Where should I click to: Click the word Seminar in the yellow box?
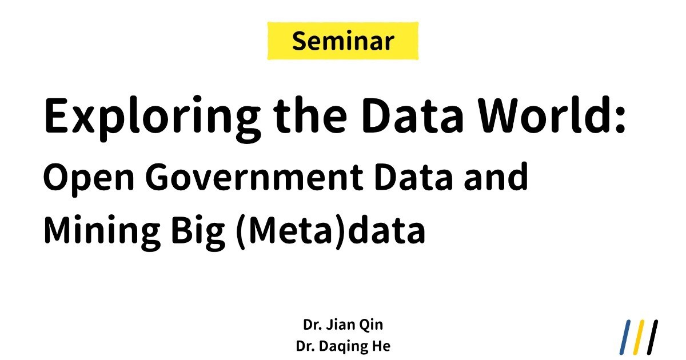343,41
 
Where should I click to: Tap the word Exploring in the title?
152,119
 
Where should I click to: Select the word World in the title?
545,115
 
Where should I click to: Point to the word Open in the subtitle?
89,179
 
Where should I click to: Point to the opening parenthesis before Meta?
241,232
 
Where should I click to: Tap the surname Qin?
371,325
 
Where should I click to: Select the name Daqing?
344,346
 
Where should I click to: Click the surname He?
381,346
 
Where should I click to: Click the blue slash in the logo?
625,337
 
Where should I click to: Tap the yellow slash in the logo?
639,337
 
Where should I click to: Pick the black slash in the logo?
652,337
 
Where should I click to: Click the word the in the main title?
310,115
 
